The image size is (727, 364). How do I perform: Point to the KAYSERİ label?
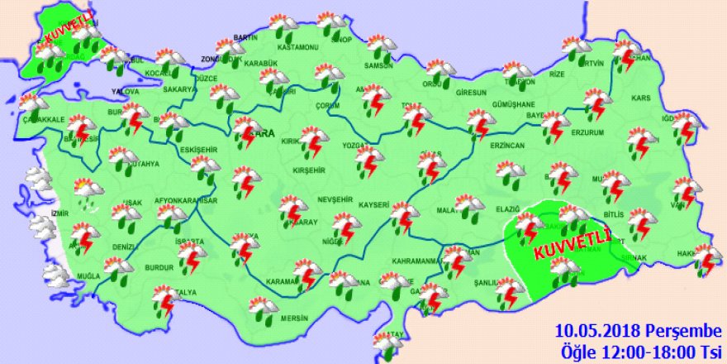[x=373, y=200]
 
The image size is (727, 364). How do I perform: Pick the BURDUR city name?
[x=158, y=267]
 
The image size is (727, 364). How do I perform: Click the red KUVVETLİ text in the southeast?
[x=572, y=244]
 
